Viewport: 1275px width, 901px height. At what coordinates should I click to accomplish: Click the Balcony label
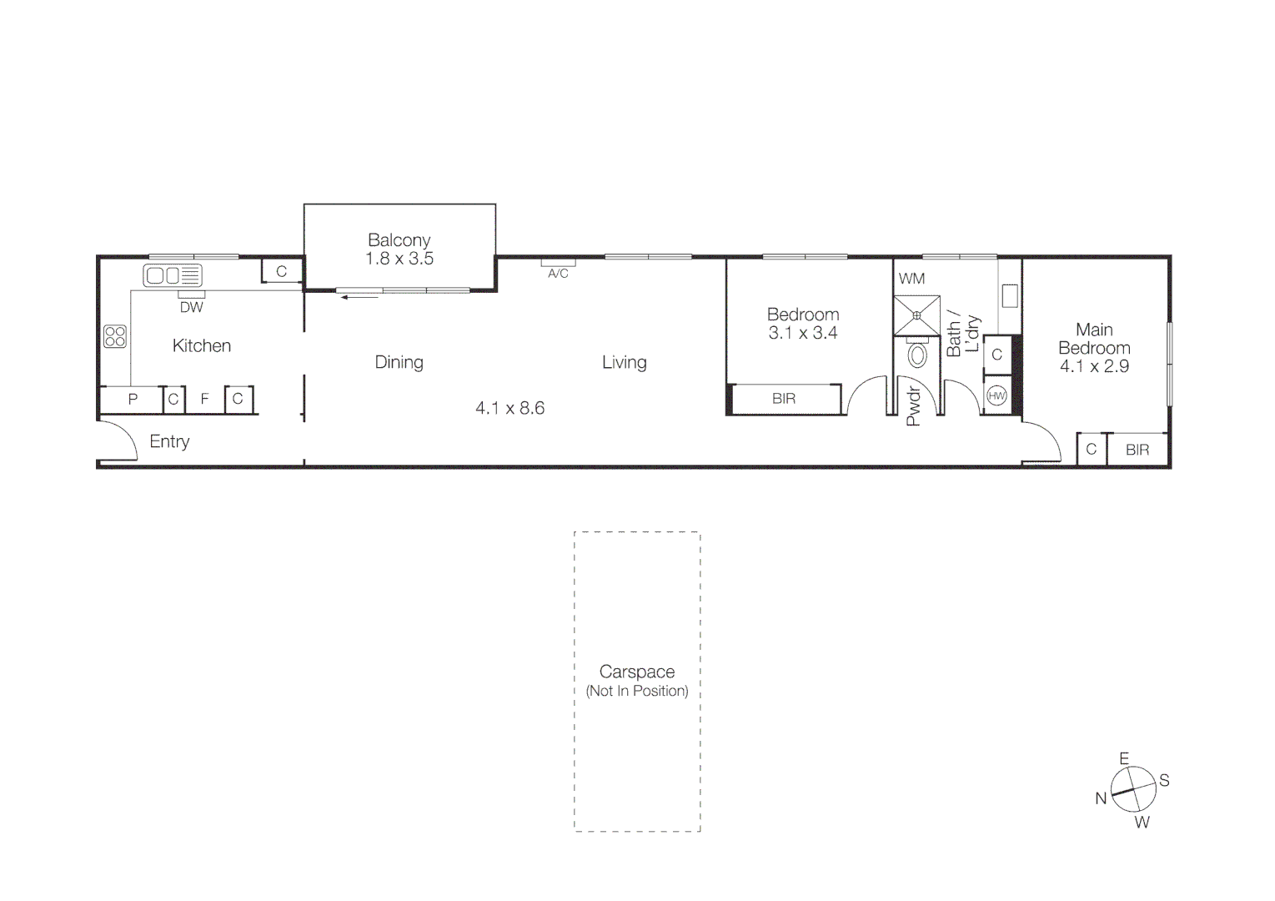[x=399, y=240]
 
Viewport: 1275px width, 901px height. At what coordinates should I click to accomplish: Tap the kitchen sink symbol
[x=172, y=275]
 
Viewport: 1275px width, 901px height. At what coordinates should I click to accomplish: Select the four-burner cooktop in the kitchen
[x=115, y=336]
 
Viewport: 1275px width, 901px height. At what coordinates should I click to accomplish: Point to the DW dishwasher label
[x=191, y=307]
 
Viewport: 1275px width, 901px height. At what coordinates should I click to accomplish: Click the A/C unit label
[x=558, y=273]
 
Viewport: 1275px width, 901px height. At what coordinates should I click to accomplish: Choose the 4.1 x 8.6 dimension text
[x=509, y=408]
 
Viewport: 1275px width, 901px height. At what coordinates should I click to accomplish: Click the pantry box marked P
[x=132, y=400]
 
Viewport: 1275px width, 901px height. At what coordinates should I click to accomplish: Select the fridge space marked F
[x=204, y=400]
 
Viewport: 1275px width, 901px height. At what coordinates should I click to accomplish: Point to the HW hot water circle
[x=996, y=396]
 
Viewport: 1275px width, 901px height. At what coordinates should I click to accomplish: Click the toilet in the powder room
[x=917, y=356]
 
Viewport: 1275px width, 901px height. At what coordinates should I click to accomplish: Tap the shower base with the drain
[x=916, y=315]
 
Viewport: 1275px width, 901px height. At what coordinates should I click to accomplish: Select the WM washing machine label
[x=911, y=279]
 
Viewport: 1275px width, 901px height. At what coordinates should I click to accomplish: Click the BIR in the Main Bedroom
[x=1137, y=450]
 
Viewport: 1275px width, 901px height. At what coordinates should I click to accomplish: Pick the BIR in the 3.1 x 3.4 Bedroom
[x=784, y=399]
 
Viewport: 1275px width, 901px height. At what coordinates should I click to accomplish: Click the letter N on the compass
[x=1101, y=798]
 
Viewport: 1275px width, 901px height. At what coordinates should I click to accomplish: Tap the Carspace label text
[x=637, y=672]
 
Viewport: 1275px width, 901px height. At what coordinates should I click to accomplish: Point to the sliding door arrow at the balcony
[x=359, y=296]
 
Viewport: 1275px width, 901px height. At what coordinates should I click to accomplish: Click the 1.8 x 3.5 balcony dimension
[x=399, y=259]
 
